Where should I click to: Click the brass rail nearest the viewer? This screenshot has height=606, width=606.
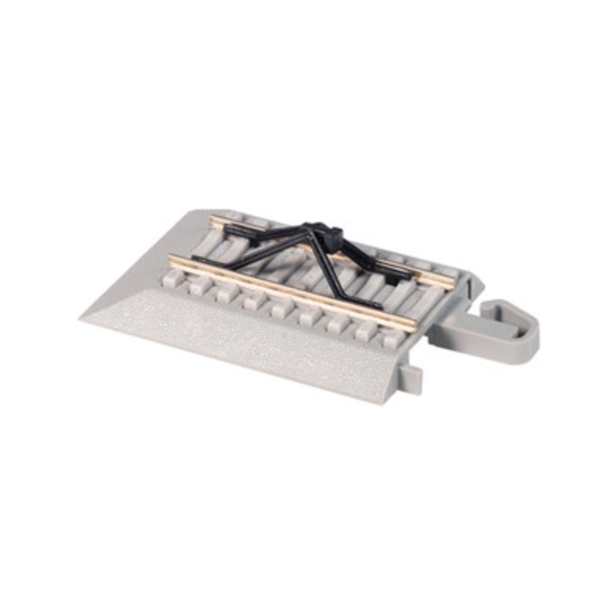(295, 292)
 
